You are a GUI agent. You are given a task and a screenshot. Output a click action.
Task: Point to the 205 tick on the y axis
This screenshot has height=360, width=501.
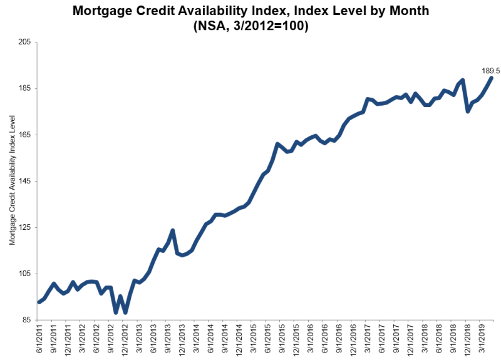(25, 43)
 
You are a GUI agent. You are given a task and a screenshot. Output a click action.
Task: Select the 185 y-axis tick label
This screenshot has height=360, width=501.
(25, 89)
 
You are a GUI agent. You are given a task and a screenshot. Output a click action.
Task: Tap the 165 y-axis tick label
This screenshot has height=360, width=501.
(25, 135)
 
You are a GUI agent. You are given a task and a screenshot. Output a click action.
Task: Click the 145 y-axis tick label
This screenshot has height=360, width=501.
(25, 182)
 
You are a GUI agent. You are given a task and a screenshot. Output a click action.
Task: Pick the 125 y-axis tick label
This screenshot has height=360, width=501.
(25, 228)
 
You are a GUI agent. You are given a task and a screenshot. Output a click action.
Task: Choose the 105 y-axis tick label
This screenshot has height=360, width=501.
(25, 274)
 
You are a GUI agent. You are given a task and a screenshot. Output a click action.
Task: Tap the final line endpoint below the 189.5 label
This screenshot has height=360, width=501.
(492, 78)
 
